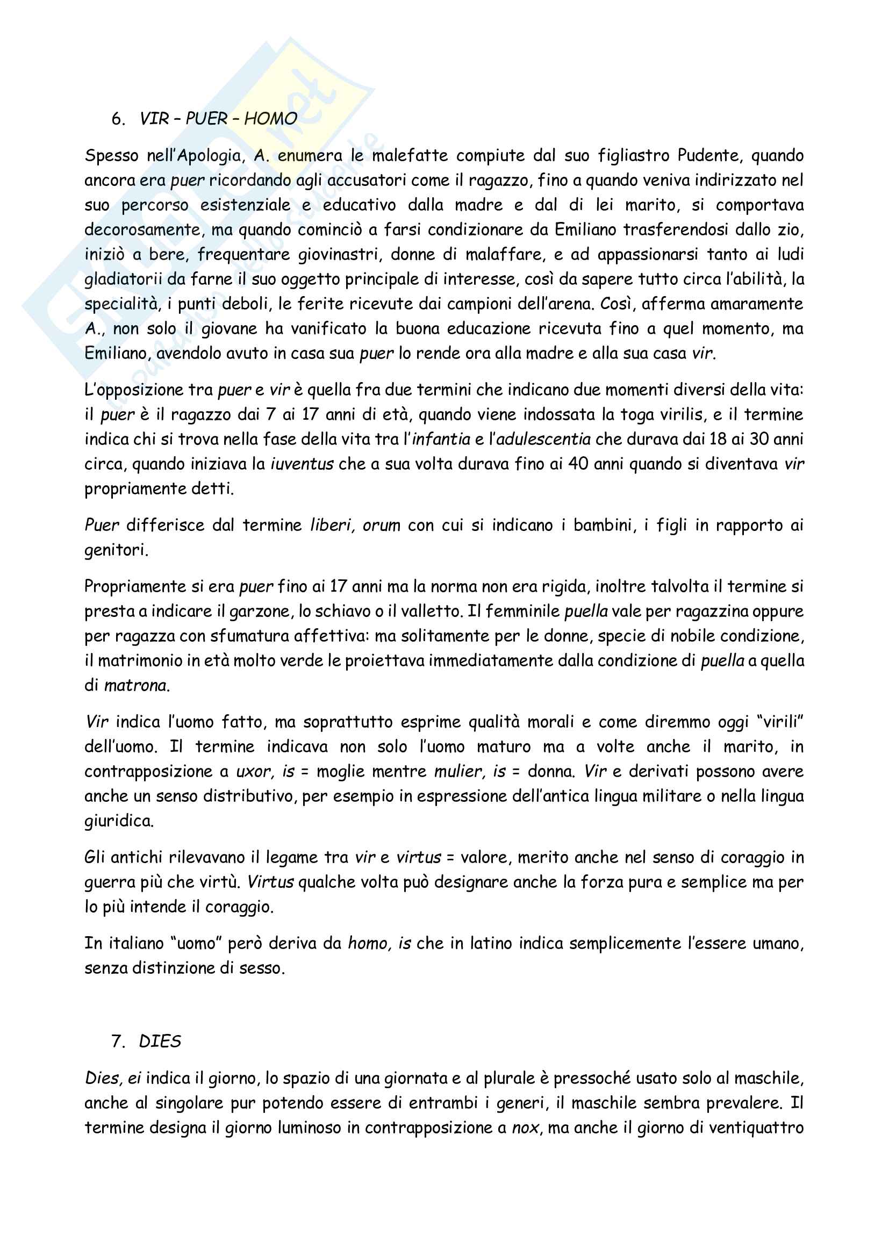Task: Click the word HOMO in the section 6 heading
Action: click(270, 118)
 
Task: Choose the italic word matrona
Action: click(136, 685)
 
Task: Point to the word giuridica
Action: click(118, 821)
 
